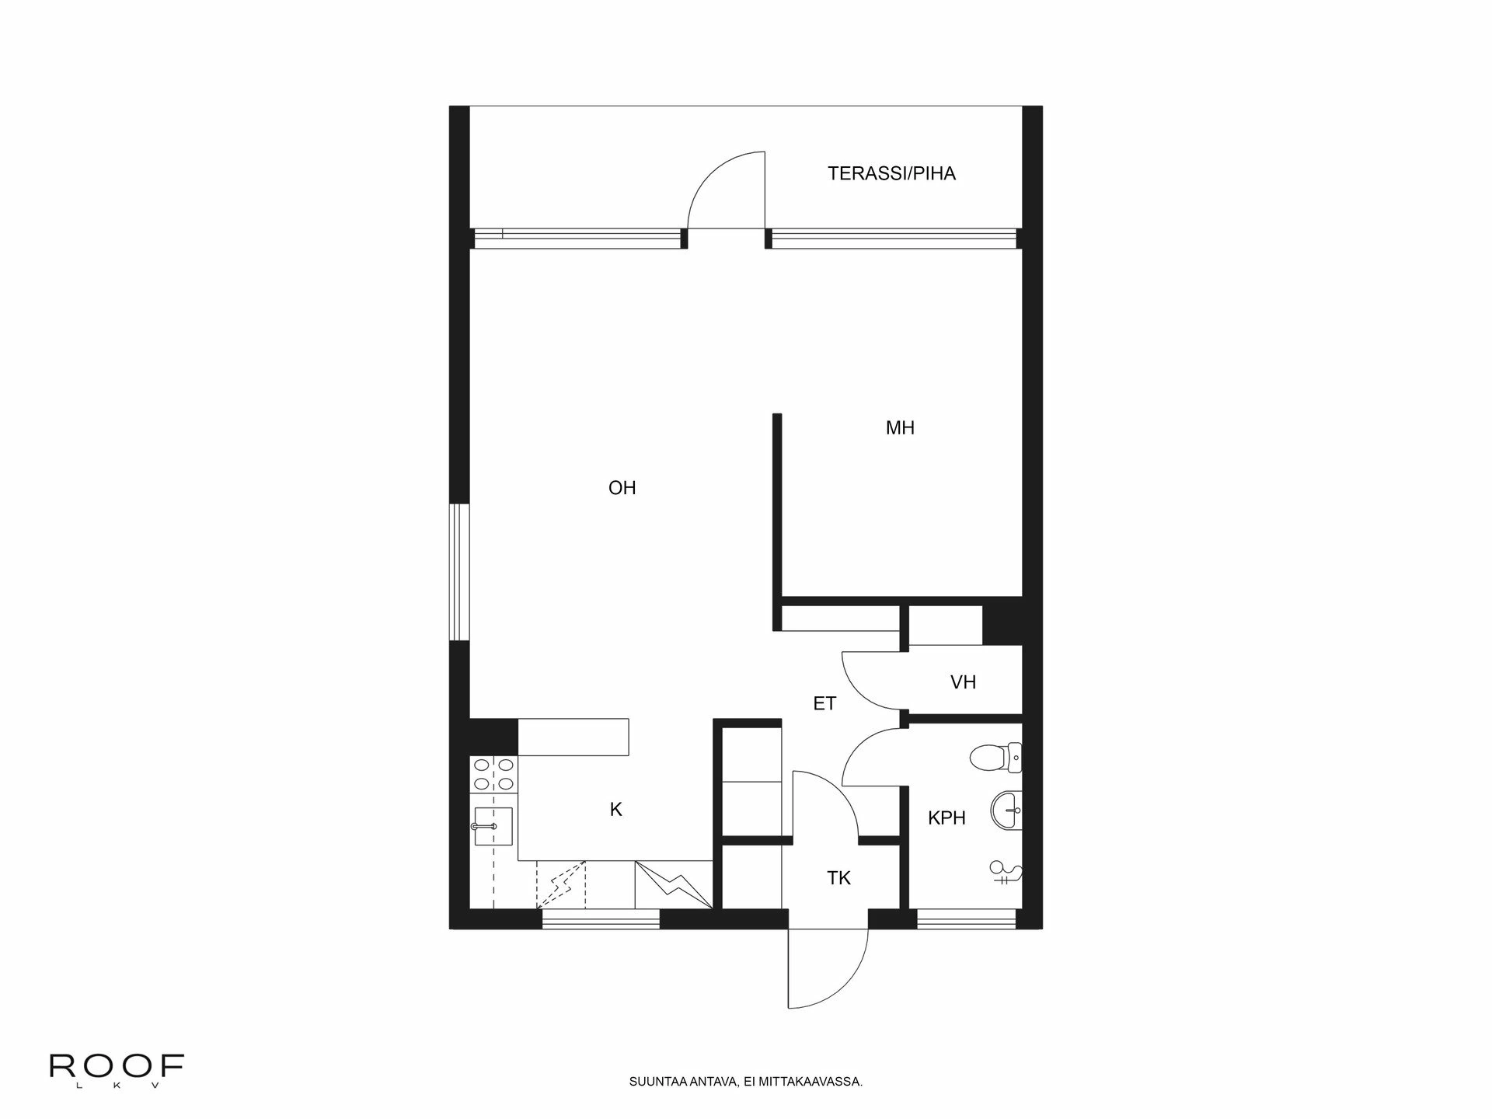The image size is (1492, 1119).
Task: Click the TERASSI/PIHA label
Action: (x=891, y=173)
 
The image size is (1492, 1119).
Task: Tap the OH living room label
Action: (x=622, y=488)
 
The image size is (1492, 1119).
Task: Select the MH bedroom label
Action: (x=900, y=427)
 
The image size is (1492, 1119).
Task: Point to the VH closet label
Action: (x=963, y=682)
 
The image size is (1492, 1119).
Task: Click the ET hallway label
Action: (x=824, y=704)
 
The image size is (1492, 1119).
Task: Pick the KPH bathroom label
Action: (x=946, y=817)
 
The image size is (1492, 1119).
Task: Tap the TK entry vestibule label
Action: (x=838, y=878)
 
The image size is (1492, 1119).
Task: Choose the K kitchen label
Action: (x=615, y=810)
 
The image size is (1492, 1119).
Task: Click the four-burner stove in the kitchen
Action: (x=493, y=774)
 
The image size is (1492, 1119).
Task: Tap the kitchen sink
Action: (x=492, y=826)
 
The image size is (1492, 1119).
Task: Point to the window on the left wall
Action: (x=460, y=573)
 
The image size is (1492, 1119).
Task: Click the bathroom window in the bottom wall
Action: (x=966, y=919)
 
